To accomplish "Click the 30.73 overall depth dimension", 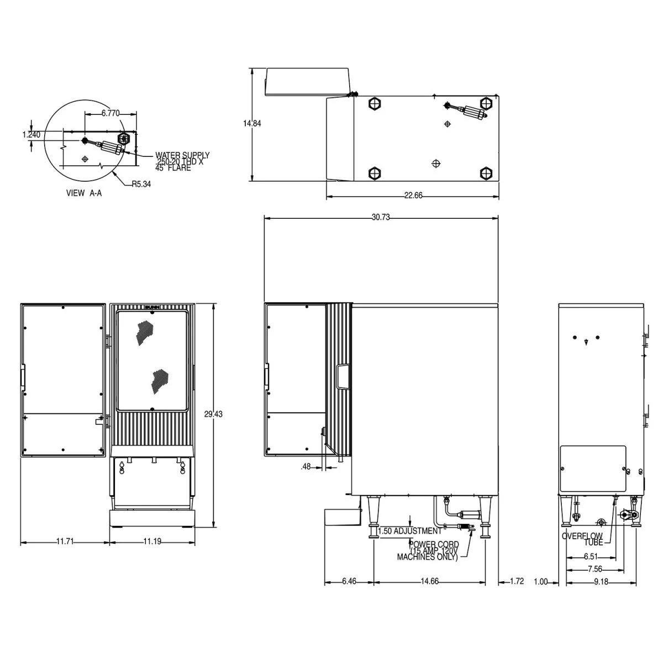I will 381,218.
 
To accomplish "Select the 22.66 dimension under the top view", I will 413,195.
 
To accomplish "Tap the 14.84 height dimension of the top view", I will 252,124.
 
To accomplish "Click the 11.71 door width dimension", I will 65,542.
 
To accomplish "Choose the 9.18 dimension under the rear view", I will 601,581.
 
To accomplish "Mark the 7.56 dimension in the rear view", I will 594,569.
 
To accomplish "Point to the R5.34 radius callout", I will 141,185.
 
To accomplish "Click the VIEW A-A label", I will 83,193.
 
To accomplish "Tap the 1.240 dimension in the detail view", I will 31,134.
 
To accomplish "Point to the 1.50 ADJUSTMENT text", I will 409,531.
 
